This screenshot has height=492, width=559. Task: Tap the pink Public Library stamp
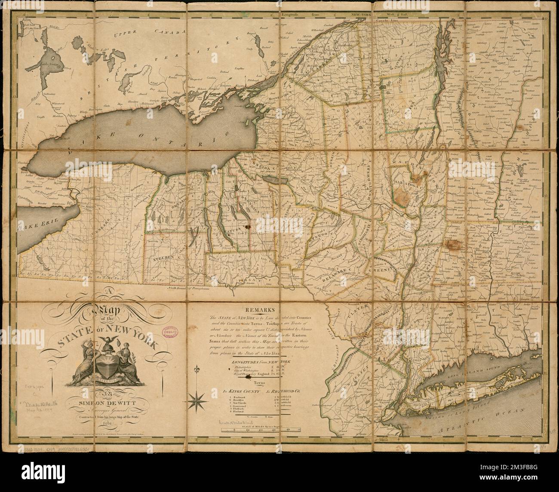171,334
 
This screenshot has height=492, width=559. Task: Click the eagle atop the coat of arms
105,342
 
